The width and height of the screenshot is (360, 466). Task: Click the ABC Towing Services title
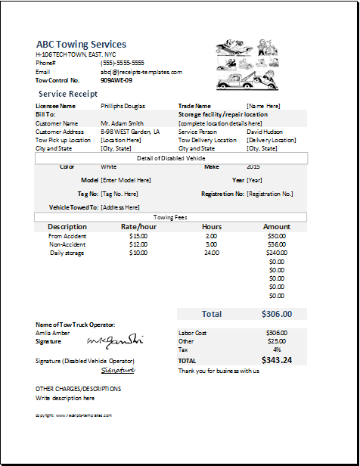click(x=81, y=45)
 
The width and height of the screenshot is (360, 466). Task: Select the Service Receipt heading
click(x=67, y=93)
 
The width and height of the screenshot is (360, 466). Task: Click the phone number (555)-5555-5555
click(x=122, y=64)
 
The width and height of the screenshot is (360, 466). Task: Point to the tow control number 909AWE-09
click(x=116, y=80)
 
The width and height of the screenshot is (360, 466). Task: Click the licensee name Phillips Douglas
click(x=123, y=106)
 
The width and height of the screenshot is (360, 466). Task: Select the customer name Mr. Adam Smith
click(x=122, y=123)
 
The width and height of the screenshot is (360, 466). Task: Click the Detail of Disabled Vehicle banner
click(x=171, y=158)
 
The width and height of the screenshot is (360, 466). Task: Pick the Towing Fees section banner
click(x=170, y=216)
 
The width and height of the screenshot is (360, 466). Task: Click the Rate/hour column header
click(x=138, y=227)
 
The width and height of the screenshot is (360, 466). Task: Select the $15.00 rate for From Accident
click(x=138, y=236)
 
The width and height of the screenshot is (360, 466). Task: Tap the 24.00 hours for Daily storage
click(x=212, y=253)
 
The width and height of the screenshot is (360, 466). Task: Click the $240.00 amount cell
click(x=277, y=253)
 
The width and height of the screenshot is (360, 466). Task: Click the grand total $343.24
click(x=277, y=360)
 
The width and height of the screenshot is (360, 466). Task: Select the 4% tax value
click(x=277, y=349)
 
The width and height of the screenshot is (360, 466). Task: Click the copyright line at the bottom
click(x=73, y=415)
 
